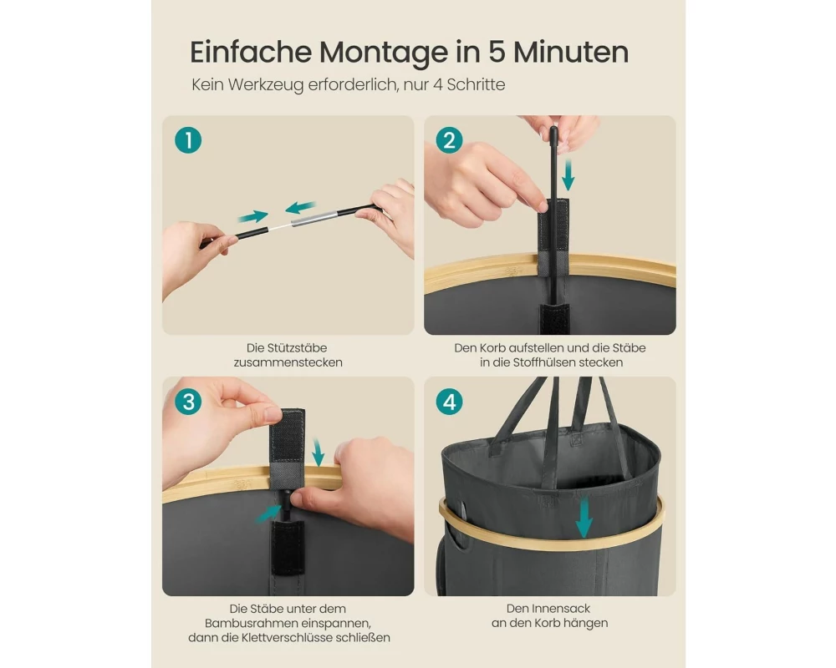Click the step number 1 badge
coord(188,140)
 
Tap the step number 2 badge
coord(450,140)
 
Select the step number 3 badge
coord(188,402)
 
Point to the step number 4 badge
coord(450,402)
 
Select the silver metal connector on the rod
coord(314,218)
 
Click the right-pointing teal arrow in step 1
coord(252,215)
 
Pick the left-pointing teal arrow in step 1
coord(300,207)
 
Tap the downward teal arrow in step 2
coord(568,175)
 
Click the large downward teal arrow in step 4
coord(584,517)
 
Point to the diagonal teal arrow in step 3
coord(268,513)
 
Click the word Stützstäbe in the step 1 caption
coord(287,348)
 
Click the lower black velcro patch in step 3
coord(288,548)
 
